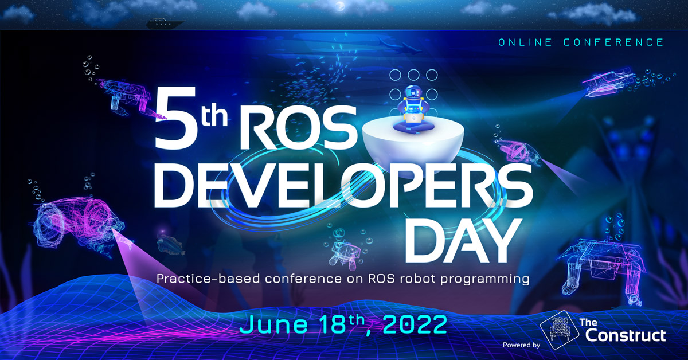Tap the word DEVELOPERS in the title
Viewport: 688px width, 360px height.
coord(343,186)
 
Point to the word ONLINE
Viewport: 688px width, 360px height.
coord(525,42)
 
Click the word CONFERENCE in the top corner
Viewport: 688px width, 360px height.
coord(613,42)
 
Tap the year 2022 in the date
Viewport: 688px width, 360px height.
coord(415,324)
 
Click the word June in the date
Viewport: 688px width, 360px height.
coord(273,324)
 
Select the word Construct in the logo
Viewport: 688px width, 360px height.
coord(626,335)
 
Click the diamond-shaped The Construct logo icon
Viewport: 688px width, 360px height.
coord(560,330)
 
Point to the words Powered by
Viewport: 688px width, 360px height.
coord(521,345)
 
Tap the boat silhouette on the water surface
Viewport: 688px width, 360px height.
coord(165,24)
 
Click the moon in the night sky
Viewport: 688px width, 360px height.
coord(340,6)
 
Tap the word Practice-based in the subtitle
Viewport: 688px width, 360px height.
coord(208,279)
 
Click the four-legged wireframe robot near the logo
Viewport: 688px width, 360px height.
coord(602,271)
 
